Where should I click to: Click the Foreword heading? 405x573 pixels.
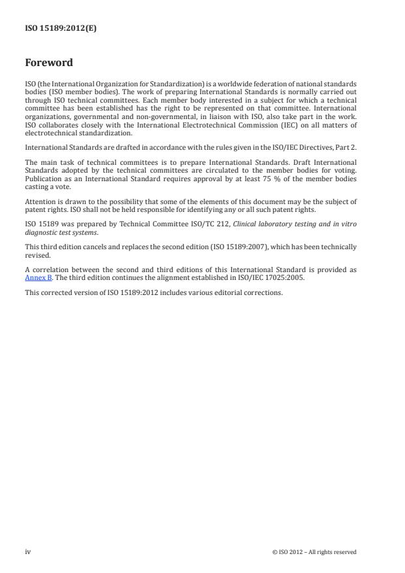(x=48, y=63)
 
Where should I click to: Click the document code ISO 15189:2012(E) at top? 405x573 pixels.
(x=60, y=28)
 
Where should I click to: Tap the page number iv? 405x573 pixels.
(x=27, y=551)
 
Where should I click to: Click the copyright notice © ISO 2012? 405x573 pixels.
(x=314, y=552)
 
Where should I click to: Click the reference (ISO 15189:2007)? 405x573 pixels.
(x=228, y=247)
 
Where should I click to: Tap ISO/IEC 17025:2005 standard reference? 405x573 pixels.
(x=277, y=277)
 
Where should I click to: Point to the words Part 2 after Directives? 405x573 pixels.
(x=346, y=147)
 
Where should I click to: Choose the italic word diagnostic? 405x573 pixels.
(x=41, y=232)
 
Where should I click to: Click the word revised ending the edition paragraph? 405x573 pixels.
(x=37, y=254)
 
